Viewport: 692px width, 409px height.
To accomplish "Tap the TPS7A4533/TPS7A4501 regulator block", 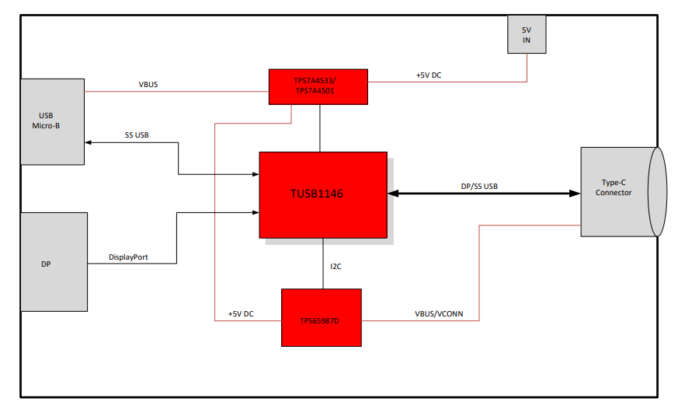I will coord(318,86).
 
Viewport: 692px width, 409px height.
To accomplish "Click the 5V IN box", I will coord(527,34).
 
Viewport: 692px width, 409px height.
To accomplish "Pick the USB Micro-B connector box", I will coord(52,121).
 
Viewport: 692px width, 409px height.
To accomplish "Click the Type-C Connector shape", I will coord(617,192).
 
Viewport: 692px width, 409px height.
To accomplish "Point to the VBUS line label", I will coord(148,84).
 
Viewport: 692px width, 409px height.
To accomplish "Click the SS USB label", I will coord(137,135).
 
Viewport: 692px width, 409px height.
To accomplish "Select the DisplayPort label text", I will coord(129,257).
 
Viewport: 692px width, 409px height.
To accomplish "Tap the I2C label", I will coord(336,266).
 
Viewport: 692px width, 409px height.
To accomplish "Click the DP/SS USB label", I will coord(479,186).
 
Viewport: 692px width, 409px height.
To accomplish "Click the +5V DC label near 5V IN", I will coord(429,75).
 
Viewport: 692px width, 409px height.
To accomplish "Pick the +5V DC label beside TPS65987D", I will coord(241,313).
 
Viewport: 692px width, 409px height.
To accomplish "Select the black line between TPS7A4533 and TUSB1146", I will coord(320,128).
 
